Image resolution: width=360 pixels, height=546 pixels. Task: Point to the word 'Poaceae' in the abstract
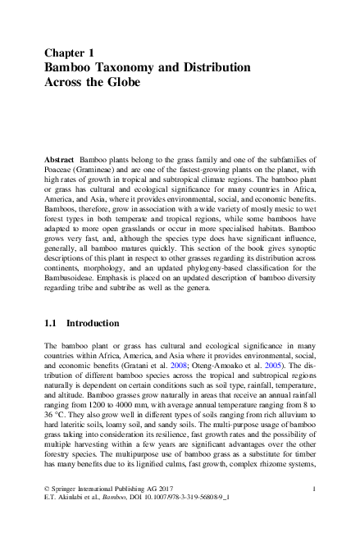(x=62, y=166)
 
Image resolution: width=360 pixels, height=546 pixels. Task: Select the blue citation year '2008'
(x=202, y=369)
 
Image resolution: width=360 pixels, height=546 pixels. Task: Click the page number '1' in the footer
(x=315, y=512)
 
